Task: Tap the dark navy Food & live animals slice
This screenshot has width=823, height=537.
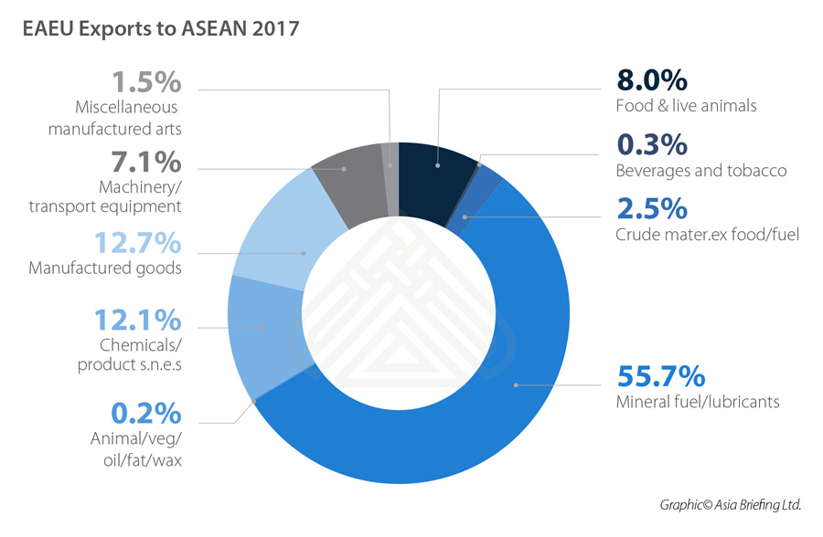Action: [437, 166]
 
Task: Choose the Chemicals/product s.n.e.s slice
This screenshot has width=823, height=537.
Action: [261, 327]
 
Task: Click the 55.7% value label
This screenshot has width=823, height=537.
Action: [660, 375]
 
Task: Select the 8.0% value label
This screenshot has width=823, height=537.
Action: [652, 79]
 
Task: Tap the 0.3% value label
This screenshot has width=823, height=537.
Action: [652, 144]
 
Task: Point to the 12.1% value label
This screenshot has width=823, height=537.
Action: [138, 321]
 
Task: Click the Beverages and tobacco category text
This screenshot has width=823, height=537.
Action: [701, 171]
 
